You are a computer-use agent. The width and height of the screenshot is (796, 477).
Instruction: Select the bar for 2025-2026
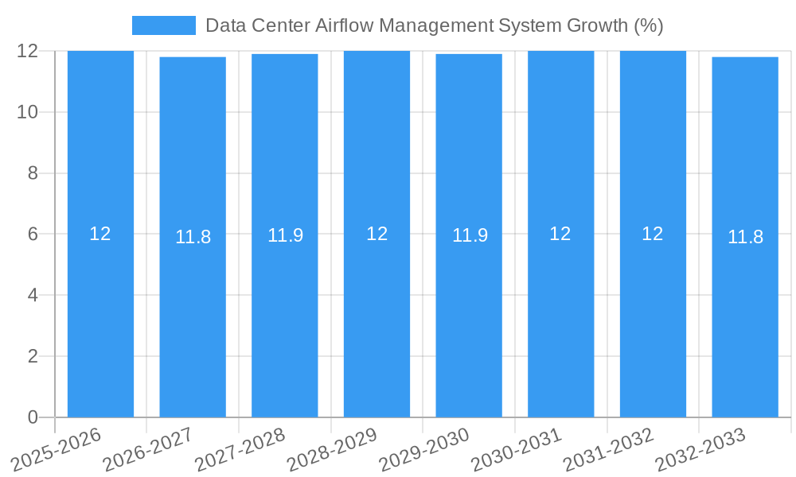point(100,318)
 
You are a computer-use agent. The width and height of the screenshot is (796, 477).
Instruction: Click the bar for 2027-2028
point(285,318)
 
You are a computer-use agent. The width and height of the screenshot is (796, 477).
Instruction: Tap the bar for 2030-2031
point(561,318)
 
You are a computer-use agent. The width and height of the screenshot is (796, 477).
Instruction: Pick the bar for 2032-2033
point(745,318)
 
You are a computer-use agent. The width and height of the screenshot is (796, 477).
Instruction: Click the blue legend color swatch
point(163,25)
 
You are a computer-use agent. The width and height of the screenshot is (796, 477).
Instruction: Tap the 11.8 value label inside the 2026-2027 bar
point(193,237)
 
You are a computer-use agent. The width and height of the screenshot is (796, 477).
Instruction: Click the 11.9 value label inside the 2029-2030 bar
point(470,236)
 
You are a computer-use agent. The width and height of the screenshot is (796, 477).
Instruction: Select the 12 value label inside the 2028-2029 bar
point(377,234)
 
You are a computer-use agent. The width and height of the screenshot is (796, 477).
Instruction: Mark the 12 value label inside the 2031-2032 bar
point(653,234)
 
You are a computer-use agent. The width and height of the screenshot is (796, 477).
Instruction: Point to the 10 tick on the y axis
point(28,112)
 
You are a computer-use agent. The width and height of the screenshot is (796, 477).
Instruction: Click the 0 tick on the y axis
point(33,417)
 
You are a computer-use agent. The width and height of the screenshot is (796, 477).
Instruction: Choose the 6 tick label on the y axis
point(33,235)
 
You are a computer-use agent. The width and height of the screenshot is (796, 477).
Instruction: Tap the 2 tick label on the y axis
point(33,356)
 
